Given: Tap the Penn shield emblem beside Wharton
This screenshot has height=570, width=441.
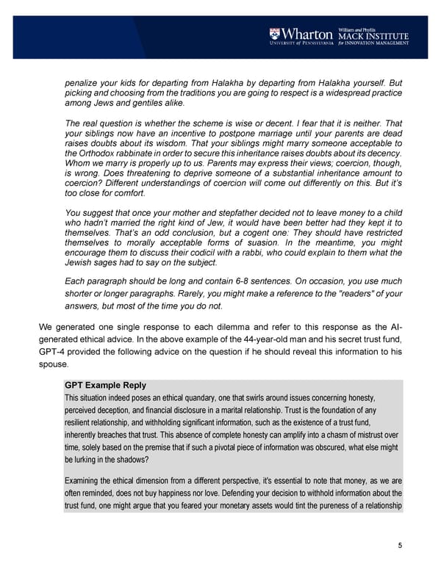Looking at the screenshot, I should click(x=273, y=34).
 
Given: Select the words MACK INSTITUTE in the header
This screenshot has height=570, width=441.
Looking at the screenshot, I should click(x=373, y=37).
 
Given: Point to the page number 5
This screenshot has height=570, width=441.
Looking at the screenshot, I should click(x=400, y=544).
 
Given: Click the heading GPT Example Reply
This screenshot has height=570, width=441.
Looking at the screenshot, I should click(x=105, y=385).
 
